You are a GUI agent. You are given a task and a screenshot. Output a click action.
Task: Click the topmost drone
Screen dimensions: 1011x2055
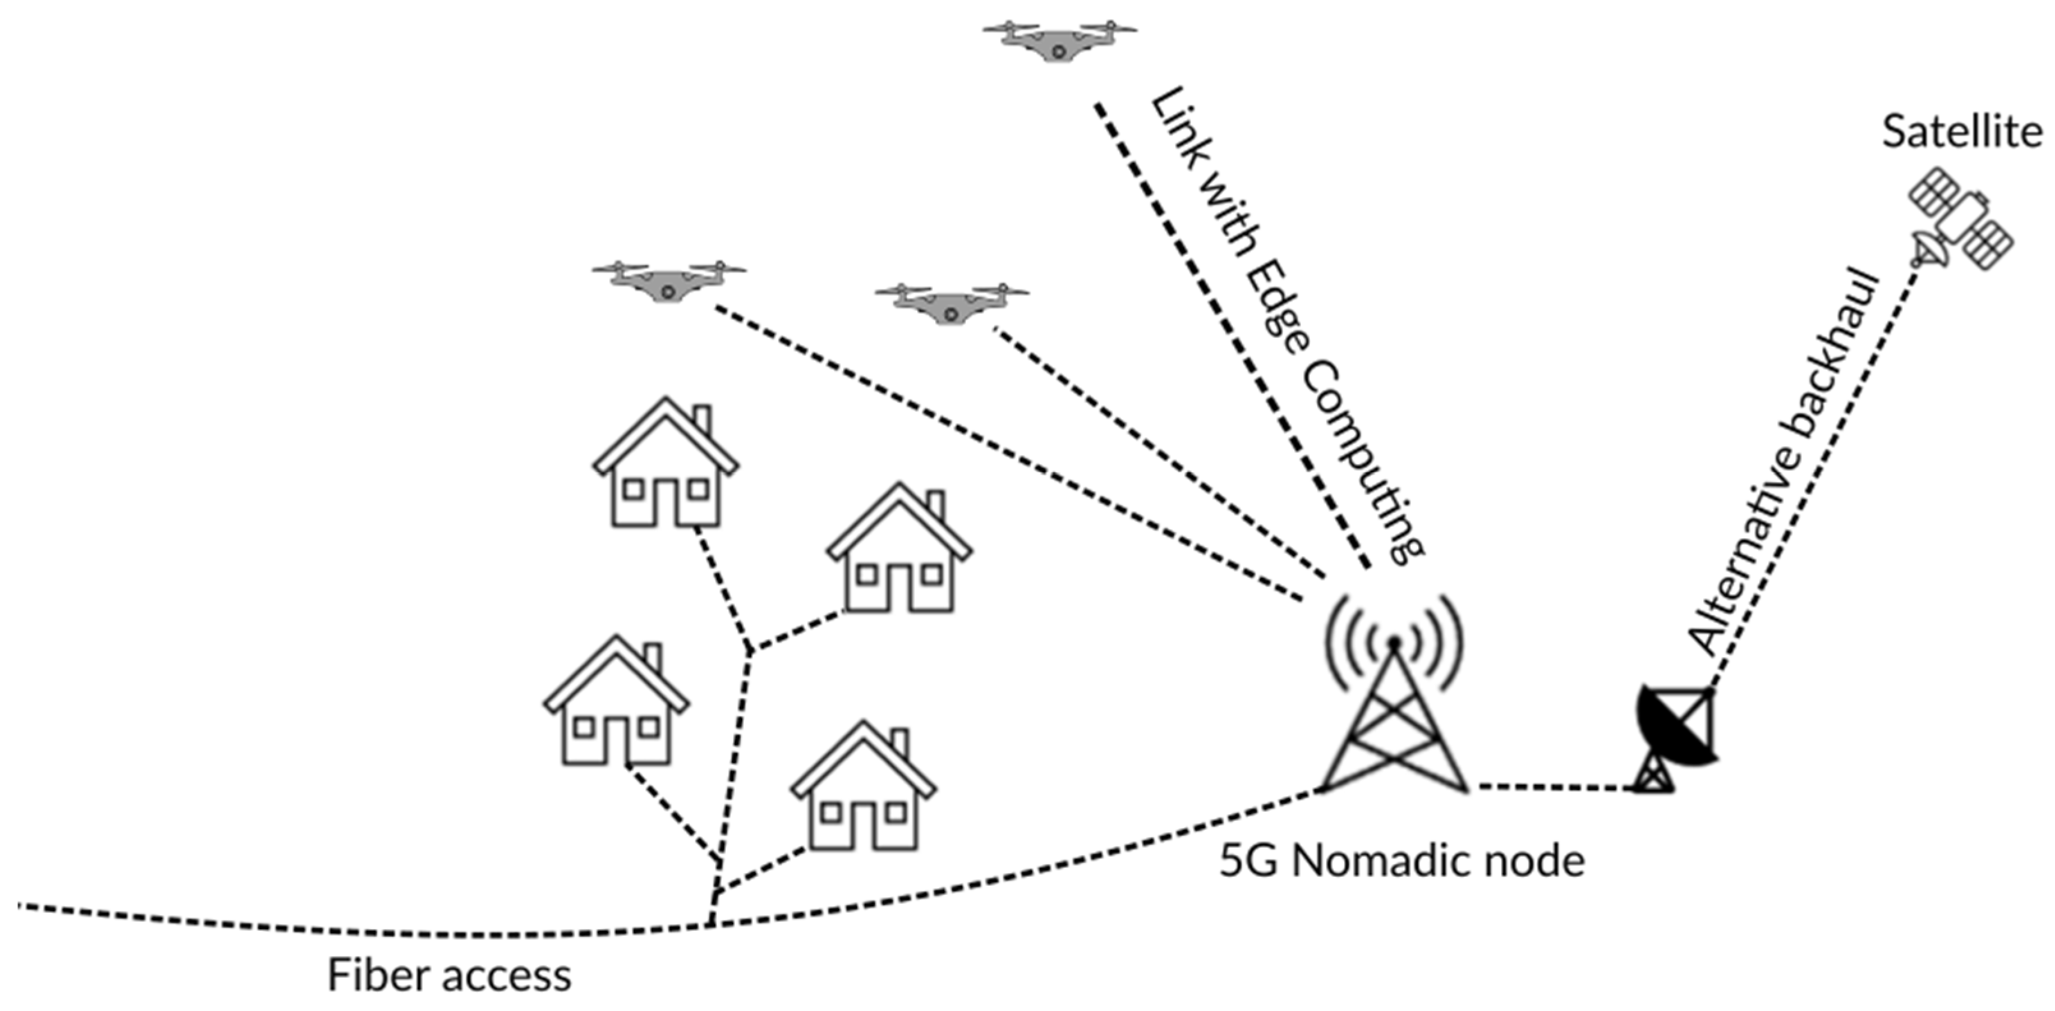pyautogui.click(x=1058, y=40)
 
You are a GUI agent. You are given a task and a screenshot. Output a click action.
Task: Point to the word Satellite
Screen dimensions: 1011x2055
pyautogui.click(x=1962, y=132)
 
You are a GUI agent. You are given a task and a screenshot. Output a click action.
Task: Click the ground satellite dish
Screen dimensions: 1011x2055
pyautogui.click(x=1676, y=738)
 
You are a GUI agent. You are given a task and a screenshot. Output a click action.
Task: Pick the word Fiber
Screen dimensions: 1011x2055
pyautogui.click(x=375, y=975)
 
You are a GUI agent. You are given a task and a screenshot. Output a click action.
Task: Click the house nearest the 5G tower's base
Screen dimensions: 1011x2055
pyautogui.click(x=863, y=789)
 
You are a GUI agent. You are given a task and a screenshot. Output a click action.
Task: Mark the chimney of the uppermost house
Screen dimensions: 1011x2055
pyautogui.click(x=702, y=420)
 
